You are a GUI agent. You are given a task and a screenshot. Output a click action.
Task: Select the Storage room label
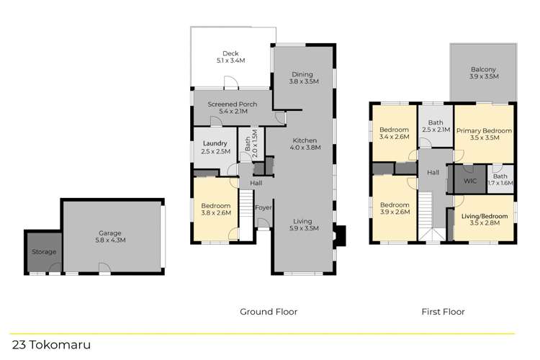43,252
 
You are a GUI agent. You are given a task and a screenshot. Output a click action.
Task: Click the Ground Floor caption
269,312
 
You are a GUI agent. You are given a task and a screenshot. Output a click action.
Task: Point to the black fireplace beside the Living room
341,235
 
